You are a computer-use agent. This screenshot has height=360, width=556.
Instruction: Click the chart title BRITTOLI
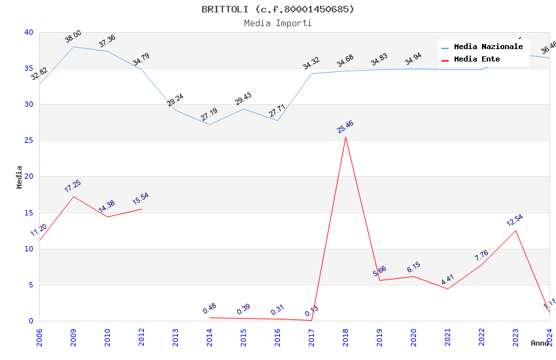coord(278,9)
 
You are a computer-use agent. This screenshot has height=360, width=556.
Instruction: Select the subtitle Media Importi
coord(278,24)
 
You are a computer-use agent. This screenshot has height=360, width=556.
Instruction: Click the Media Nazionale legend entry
coord(488,47)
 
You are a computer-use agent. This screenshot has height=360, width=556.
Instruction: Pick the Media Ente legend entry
coord(477,60)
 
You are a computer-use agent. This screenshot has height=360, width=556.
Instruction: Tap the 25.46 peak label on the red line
coord(345,126)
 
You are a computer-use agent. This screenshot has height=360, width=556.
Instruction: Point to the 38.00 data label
coord(73,37)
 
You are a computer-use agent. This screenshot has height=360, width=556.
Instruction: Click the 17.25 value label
coord(73,186)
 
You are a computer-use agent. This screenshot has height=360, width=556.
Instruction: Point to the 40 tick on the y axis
coord(28,33)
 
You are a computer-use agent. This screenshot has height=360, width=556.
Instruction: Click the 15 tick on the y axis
coord(28,213)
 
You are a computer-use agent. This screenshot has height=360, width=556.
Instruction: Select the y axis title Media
coord(20,177)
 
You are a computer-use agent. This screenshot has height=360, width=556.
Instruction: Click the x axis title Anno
coord(540,343)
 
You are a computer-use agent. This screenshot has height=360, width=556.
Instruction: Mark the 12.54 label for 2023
coord(515,221)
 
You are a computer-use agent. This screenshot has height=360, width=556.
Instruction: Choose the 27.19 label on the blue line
coord(209,115)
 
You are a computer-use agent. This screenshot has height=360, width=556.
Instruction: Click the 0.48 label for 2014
coord(209,308)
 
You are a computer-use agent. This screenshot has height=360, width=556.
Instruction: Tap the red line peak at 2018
coord(345,137)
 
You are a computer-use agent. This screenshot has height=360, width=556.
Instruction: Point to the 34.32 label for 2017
coord(311,63)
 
